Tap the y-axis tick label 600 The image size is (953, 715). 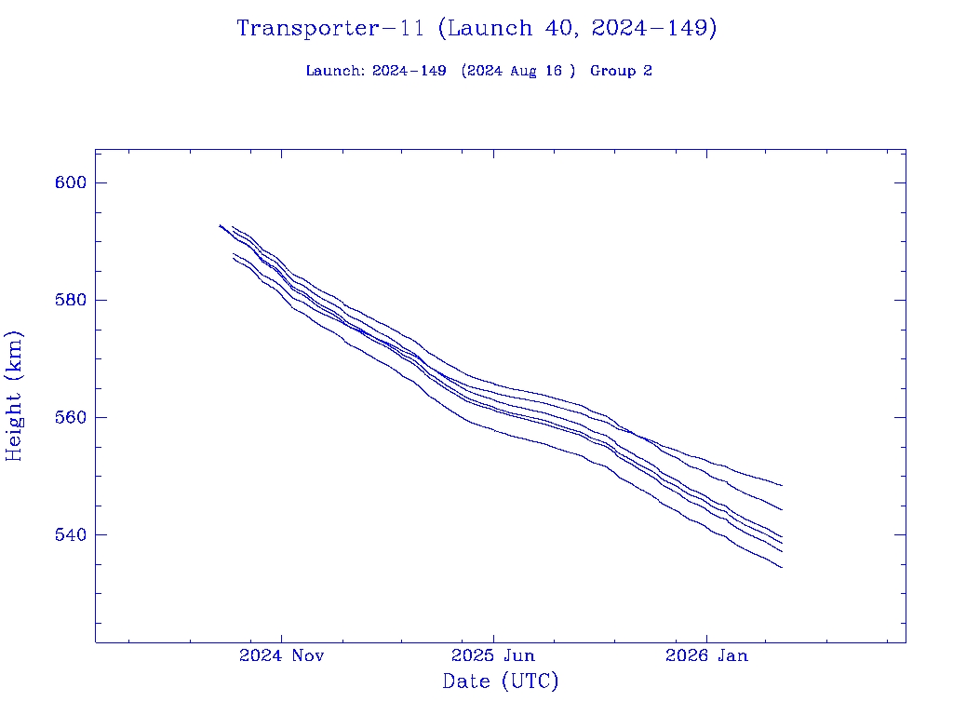[x=70, y=182]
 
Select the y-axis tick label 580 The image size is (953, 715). [x=70, y=301]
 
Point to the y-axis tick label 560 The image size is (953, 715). [x=70, y=418]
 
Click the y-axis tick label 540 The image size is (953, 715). [x=70, y=535]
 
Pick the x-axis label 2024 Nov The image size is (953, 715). [x=281, y=656]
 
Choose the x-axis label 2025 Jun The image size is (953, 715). [x=493, y=656]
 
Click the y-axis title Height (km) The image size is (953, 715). [x=15, y=396]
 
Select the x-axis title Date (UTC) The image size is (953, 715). [x=500, y=682]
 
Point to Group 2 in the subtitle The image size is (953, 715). [x=621, y=72]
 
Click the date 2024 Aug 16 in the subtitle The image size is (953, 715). [x=518, y=72]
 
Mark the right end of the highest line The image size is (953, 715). [x=782, y=485]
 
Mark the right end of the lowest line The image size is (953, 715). [x=782, y=567]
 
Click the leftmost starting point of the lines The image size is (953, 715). [x=220, y=225]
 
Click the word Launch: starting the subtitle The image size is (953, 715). [x=335, y=72]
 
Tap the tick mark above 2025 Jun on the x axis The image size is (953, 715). [x=493, y=637]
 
